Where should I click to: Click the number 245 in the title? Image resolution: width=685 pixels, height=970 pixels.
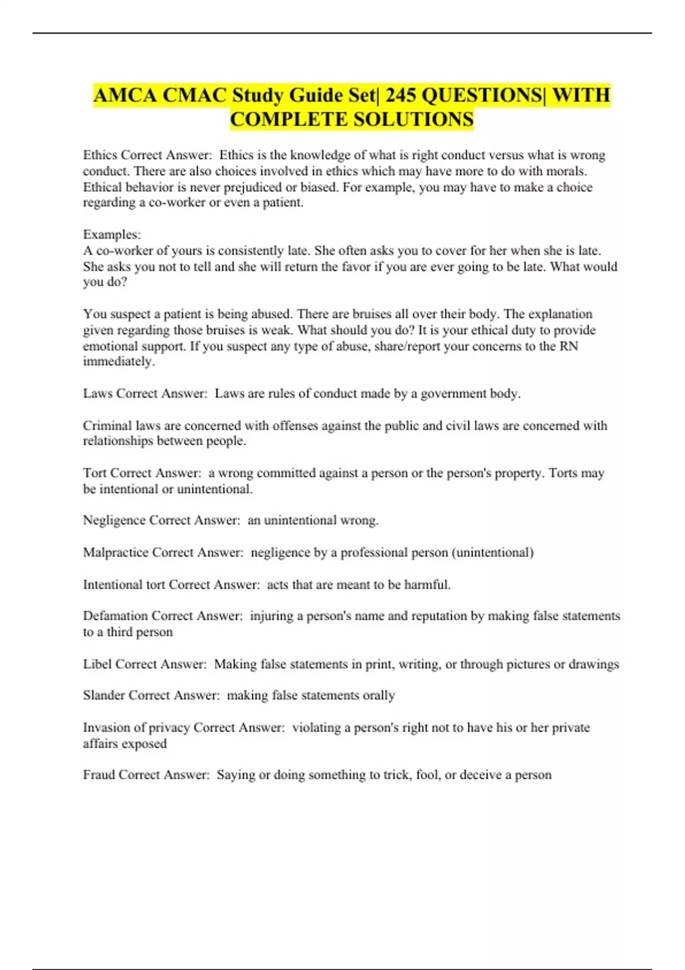(400, 95)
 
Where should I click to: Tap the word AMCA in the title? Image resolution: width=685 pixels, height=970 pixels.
(125, 95)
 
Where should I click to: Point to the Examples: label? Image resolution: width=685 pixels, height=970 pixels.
(112, 235)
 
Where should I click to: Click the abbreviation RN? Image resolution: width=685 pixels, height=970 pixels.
(569, 346)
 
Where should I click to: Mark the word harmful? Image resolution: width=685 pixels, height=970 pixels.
(427, 585)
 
